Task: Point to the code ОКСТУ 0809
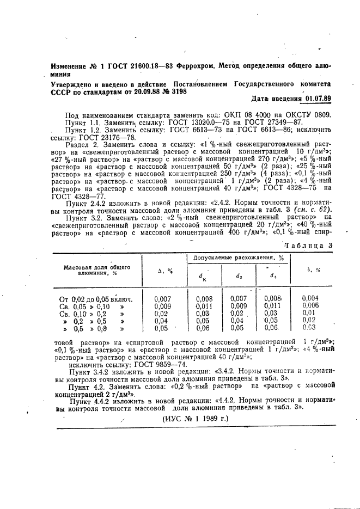coord(309,115)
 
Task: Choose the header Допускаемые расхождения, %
coord(236,257)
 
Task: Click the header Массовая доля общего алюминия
coord(96,271)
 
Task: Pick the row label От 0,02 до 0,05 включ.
coord(96,298)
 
